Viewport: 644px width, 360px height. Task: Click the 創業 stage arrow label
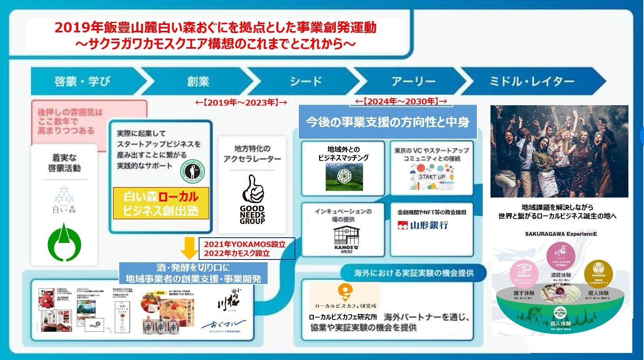pos(198,81)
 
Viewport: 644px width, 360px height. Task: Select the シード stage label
pos(306,81)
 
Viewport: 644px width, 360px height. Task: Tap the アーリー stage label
pos(413,81)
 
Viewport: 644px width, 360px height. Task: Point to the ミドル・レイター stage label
pos(531,81)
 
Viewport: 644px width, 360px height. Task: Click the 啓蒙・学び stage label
pos(83,81)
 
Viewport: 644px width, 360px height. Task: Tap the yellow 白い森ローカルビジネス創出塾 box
pos(161,203)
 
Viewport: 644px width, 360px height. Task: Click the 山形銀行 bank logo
pos(423,225)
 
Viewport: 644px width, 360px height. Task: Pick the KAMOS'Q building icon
pos(346,236)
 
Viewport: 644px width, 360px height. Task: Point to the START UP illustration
pos(432,177)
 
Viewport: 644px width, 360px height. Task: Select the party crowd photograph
pos(559,151)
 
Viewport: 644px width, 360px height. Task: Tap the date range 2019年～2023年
pos(241,102)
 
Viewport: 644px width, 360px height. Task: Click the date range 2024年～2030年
pos(401,101)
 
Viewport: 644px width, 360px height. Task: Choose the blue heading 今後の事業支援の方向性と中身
pos(387,122)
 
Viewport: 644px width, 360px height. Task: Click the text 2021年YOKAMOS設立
pos(245,244)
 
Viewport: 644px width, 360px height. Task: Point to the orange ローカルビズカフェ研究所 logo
pos(345,296)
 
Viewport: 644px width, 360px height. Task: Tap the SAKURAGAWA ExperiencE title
pos(561,234)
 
